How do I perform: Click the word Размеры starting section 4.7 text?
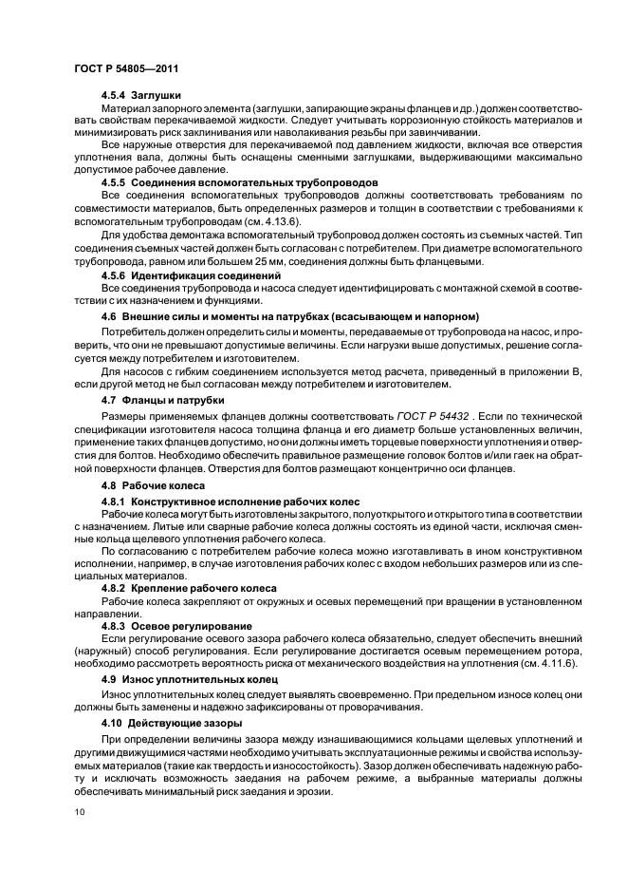pyautogui.click(x=123, y=416)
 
